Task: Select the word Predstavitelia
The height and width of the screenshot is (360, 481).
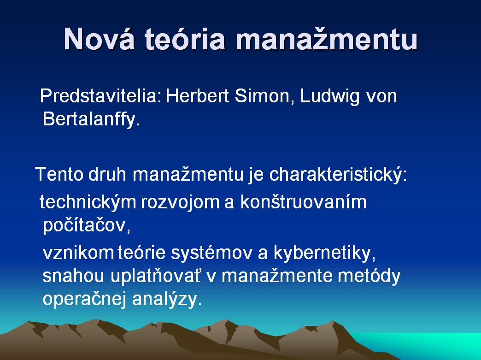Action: tap(100, 96)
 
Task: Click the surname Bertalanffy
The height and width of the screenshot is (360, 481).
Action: tap(91, 118)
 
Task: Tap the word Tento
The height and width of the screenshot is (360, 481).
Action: tap(59, 174)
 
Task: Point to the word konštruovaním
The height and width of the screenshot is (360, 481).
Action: tap(303, 202)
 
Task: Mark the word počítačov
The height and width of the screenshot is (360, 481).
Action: tap(87, 226)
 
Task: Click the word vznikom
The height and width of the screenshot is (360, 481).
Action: tap(78, 253)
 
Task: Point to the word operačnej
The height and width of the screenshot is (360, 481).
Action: tap(85, 300)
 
